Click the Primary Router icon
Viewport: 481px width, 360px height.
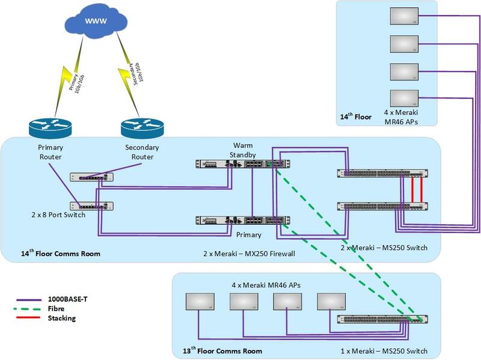click(50, 127)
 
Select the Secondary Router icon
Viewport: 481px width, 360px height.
click(142, 127)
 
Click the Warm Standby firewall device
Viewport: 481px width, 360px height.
click(244, 163)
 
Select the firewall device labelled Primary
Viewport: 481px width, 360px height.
click(244, 221)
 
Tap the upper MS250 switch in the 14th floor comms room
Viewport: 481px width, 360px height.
click(383, 174)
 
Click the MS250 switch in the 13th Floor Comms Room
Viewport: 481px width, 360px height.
click(383, 319)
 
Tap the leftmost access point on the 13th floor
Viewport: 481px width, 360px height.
click(198, 302)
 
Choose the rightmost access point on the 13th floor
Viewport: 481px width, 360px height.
click(332, 302)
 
